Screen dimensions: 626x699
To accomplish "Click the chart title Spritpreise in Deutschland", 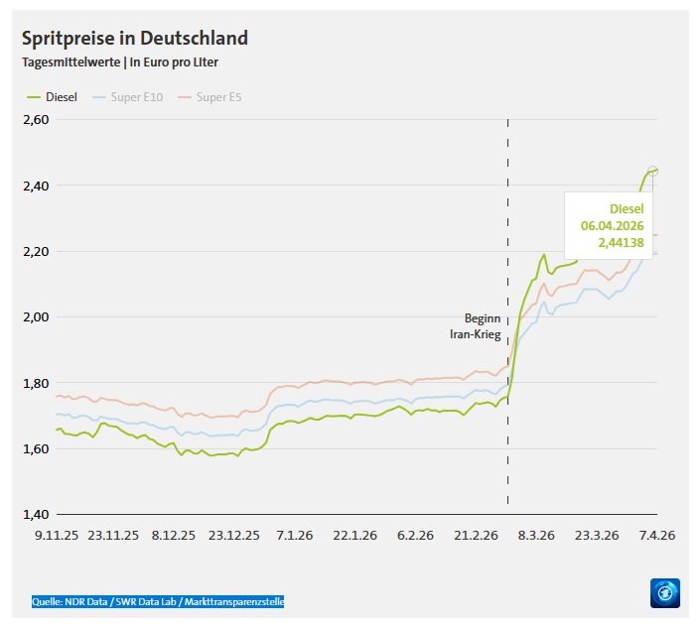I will point(135,39).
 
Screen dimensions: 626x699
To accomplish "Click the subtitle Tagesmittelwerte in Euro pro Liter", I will point(120,63).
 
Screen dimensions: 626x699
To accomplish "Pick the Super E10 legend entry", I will point(129,96).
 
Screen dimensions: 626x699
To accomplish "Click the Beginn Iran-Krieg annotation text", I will point(476,327).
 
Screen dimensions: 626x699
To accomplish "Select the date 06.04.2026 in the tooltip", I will point(613,225).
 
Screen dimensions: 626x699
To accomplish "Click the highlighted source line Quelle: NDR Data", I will point(158,601).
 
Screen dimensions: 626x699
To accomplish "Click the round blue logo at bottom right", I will point(664,594).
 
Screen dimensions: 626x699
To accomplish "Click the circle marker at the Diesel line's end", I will point(653,171).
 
